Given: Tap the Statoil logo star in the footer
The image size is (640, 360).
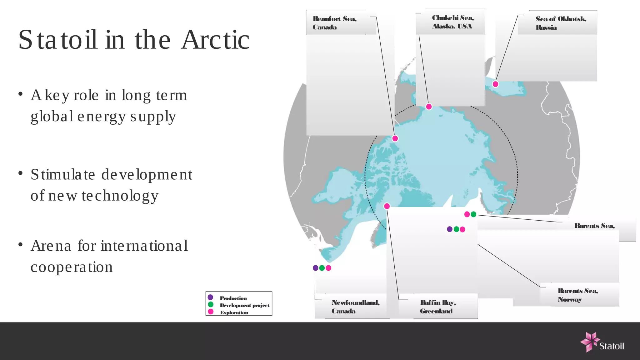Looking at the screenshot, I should [590, 342].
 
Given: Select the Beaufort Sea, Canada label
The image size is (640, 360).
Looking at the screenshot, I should [334, 23].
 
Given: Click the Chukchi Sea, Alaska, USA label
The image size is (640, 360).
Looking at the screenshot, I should [452, 22].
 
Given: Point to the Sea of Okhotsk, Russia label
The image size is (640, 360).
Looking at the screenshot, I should [561, 23].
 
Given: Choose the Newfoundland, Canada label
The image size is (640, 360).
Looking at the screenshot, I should [355, 307].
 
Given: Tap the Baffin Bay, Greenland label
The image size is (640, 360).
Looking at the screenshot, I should [437, 307].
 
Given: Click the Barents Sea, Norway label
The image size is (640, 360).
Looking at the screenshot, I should [577, 295].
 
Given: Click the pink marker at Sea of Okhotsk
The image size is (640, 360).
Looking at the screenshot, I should [495, 84].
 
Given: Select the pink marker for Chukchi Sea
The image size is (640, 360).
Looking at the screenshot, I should [429, 107].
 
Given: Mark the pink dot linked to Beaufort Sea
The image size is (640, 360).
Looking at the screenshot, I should [395, 138].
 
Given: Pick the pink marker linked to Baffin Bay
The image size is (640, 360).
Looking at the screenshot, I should [387, 206].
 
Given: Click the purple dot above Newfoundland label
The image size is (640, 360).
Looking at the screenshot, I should [316, 268].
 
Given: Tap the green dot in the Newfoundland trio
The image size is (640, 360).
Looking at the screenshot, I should [322, 268].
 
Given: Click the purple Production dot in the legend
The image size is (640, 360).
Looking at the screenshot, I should [211, 297].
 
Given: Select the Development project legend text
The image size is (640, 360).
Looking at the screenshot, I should [244, 305].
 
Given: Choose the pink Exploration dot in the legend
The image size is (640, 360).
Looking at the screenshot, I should [211, 312].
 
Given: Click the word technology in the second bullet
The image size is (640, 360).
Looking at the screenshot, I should [120, 196].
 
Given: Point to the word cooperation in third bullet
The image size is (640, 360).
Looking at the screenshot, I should [72, 267].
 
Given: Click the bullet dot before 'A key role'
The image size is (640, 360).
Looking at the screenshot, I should [21, 94].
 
